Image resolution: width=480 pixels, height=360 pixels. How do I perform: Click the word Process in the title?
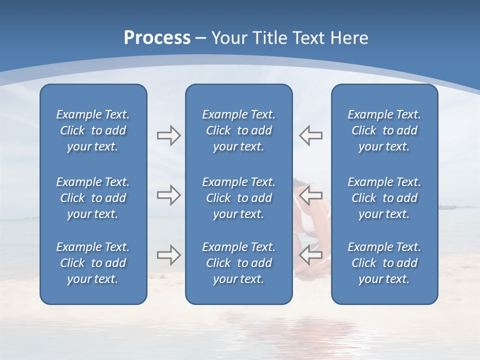coord(157,38)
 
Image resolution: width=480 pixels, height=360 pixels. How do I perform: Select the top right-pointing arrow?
coord(168,135)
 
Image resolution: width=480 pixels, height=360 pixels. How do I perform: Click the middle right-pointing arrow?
coord(168,195)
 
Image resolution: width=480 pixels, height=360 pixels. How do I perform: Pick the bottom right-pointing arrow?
coord(168,255)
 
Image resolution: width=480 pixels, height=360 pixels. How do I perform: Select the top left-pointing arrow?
coord(311,135)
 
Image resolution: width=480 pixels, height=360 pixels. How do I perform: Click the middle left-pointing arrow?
coord(311,195)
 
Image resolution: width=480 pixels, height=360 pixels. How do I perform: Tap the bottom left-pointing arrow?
coord(311,255)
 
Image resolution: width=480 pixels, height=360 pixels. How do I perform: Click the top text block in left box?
coord(93,130)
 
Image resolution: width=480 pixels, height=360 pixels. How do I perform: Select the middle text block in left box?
coord(93,198)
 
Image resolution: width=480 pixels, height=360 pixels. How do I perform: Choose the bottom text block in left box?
coord(93,263)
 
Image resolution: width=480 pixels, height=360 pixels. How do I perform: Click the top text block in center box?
coord(238,130)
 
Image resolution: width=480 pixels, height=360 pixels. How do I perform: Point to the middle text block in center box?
coord(238,198)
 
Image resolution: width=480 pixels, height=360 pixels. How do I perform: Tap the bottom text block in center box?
coord(238,263)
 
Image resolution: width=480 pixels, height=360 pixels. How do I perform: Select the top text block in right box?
coord(384,130)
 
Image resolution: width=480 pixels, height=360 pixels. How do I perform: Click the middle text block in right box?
coord(384,198)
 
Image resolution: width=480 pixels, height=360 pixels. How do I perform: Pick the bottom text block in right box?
coord(384,263)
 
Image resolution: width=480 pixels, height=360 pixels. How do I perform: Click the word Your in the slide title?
coord(229,38)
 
